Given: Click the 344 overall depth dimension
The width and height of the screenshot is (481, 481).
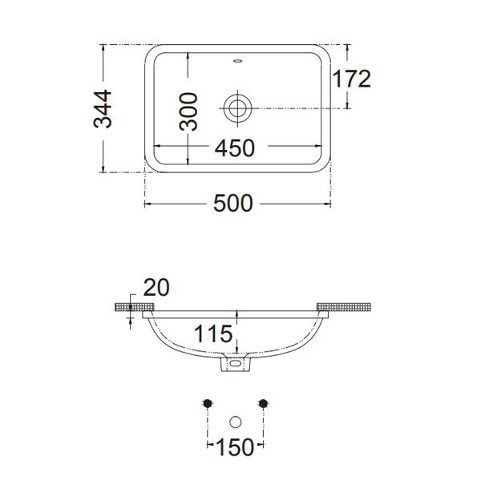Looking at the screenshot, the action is point(103,109).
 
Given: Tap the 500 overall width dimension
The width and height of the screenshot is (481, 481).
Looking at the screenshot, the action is point(232,203).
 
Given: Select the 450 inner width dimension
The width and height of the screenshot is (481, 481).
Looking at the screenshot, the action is point(235,148).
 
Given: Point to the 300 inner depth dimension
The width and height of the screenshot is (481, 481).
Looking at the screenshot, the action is point(188,111).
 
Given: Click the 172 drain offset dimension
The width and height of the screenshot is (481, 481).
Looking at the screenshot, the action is point(352,79).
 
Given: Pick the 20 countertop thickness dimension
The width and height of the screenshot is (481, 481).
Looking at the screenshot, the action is point(156,288).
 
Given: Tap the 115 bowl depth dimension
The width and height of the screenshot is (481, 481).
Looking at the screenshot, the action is point(213,333).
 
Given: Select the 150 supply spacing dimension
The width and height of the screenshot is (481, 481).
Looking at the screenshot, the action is point(235,447).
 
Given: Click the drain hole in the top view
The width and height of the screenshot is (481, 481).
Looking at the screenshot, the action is point(237,108).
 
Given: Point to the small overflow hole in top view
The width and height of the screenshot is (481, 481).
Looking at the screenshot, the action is point(237,61).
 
